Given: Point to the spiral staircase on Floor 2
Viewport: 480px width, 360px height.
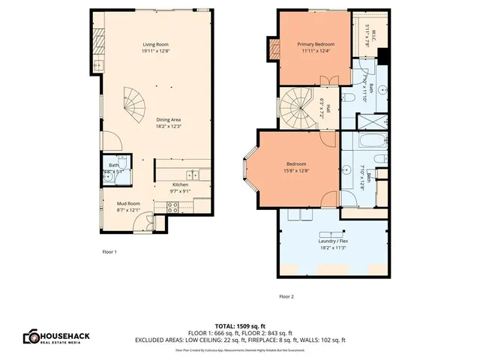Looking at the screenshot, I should [300, 108].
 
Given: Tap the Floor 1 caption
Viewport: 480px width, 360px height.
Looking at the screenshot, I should [109, 252].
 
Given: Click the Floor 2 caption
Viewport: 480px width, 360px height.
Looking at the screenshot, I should [286, 296].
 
